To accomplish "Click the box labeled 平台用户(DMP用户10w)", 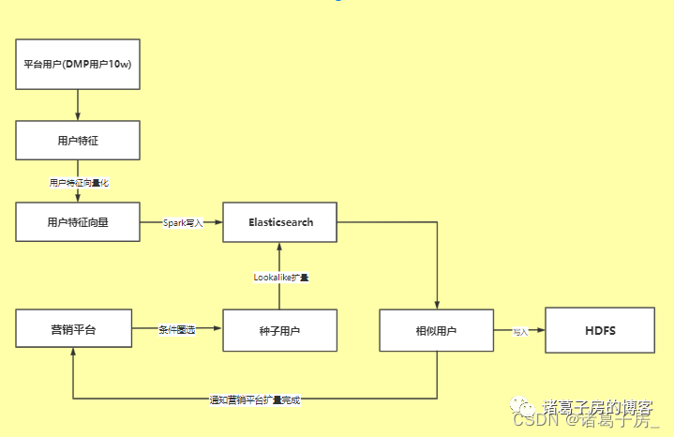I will [78, 65].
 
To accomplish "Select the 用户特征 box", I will [78, 141].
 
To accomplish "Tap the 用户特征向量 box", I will [78, 222].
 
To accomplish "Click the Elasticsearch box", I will [280, 222].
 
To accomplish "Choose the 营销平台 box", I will [73, 330].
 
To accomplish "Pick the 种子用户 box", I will [280, 330].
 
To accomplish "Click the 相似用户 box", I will [437, 330].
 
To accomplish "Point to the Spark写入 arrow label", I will [183, 223].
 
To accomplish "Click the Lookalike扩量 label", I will [281, 278].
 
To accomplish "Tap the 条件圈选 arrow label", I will [177, 330].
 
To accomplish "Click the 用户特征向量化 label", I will [79, 182].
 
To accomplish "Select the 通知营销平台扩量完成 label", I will [255, 399].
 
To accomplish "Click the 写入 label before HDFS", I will [520, 331].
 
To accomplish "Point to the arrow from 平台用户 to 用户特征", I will [78, 105].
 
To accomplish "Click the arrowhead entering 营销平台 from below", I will [73, 357].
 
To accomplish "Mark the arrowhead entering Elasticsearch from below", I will [280, 247].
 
